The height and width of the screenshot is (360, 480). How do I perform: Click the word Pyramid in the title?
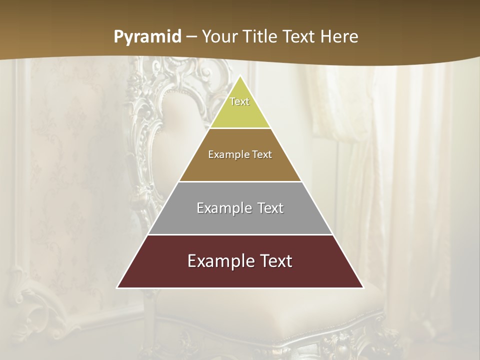(147, 37)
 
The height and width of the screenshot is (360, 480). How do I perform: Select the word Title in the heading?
(262, 37)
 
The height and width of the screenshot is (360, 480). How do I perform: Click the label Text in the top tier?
(239, 101)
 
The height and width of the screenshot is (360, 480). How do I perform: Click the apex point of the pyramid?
(240, 76)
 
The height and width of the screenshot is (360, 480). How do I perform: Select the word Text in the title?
(301, 37)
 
